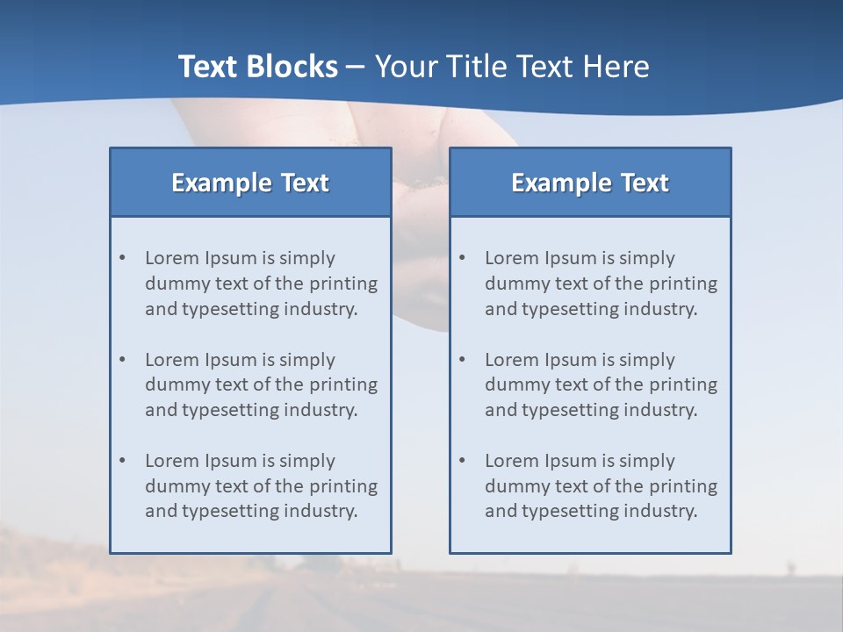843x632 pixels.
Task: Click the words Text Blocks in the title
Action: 257,67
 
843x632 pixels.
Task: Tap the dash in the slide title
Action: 356,68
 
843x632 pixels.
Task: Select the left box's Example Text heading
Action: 249,183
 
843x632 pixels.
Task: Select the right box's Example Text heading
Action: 589,183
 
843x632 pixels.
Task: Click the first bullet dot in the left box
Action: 123,258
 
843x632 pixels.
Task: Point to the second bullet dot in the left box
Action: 123,360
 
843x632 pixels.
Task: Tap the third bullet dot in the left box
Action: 123,461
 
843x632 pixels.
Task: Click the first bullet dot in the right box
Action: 463,258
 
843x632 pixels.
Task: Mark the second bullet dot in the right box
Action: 463,360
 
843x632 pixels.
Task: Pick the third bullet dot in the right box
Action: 463,461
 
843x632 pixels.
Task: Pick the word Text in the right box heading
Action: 645,183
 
